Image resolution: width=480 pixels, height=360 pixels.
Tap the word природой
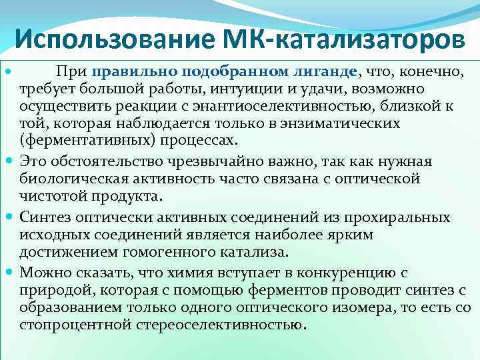(51, 290)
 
